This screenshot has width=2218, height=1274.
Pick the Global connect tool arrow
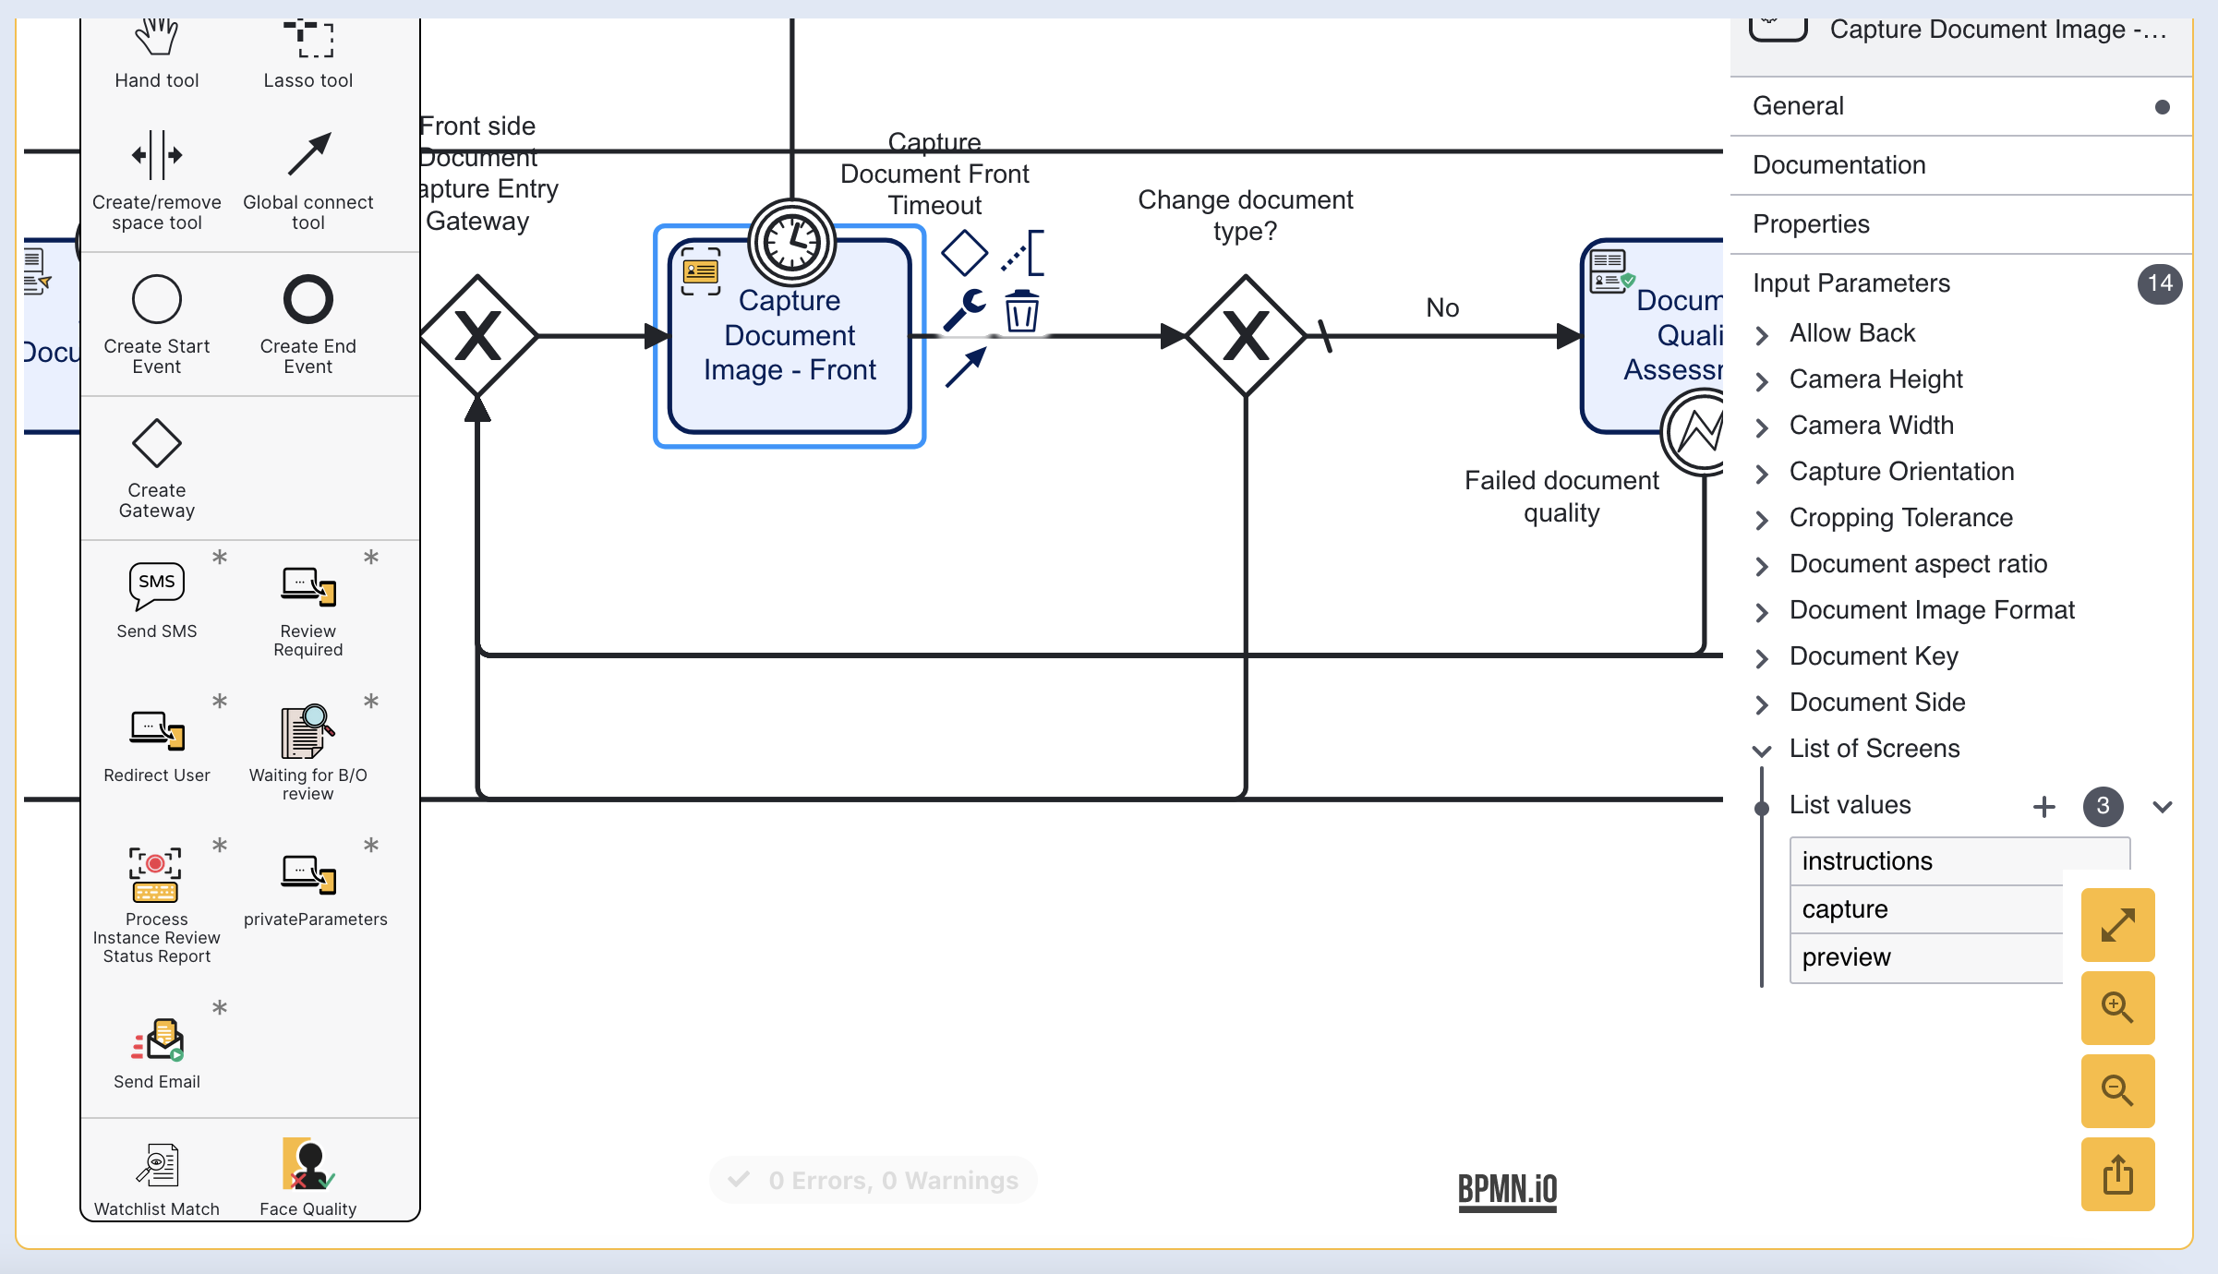click(308, 154)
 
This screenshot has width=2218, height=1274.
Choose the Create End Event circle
click(307, 299)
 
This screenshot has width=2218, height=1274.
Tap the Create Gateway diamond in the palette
click(157, 443)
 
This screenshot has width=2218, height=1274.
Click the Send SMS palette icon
click(157, 585)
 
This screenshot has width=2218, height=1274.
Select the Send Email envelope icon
click(158, 1040)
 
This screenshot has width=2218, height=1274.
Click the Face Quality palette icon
click(307, 1165)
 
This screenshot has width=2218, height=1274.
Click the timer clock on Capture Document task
click(791, 243)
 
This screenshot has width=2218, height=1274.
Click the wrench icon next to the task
click(964, 309)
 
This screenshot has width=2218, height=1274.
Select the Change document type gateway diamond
click(1245, 336)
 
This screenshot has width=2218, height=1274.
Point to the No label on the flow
click(1442, 307)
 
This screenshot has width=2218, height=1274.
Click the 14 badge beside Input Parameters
click(2159, 283)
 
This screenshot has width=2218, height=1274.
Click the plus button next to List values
click(2044, 806)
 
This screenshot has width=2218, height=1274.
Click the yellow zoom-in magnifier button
click(2117, 1007)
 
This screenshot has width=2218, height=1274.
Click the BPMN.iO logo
click(1507, 1189)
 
